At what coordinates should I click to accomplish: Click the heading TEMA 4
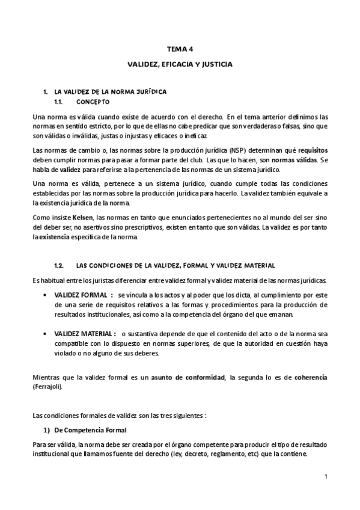179,51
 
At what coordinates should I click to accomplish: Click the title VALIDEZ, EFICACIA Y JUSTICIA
179,63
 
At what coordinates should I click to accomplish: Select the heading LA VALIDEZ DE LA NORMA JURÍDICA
110,91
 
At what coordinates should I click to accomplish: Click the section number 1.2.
59,265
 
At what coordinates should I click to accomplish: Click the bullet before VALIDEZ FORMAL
47,296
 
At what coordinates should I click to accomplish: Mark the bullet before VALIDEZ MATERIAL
47,333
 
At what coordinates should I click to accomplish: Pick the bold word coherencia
311,377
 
